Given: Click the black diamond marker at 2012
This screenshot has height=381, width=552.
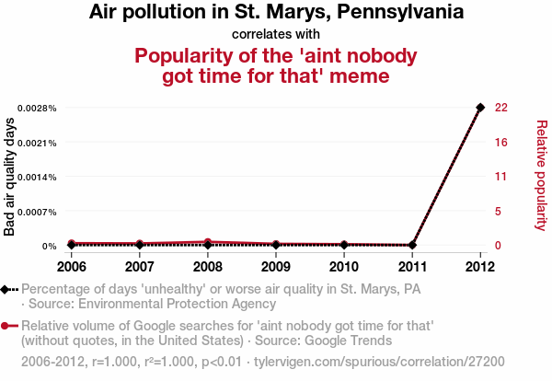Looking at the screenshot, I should tap(480, 108).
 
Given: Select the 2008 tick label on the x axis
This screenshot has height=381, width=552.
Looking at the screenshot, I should tap(208, 267).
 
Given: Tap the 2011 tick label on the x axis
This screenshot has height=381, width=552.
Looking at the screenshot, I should tap(412, 267).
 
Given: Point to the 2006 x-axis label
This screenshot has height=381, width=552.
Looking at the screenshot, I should tap(72, 267).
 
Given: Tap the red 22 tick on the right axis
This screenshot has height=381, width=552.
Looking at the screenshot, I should tap(501, 108).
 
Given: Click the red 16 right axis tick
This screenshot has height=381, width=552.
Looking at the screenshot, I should tap(501, 143).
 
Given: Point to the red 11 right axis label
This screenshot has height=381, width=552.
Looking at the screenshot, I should tap(501, 177).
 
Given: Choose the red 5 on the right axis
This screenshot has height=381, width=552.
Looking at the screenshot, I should tap(499, 212).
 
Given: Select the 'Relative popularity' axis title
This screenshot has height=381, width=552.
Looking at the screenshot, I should tap(542, 175).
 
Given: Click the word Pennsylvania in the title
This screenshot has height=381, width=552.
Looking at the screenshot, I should tap(400, 13).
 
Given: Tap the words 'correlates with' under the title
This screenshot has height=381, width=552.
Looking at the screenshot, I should tap(276, 35).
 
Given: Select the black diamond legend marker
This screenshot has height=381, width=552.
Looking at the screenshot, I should tap(6, 289).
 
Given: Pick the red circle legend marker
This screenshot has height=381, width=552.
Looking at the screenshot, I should tap(6, 326).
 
